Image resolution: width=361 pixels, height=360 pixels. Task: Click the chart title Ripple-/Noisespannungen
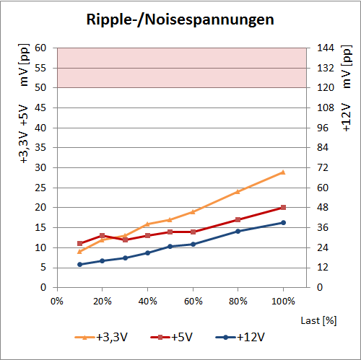tap(180, 19)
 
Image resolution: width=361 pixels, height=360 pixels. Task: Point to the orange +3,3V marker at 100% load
tap(283, 172)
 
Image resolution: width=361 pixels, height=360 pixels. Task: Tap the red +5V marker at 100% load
tap(283, 207)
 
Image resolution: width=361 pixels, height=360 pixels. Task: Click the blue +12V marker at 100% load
tap(283, 222)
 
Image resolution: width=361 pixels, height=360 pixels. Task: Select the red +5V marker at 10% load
tap(80, 243)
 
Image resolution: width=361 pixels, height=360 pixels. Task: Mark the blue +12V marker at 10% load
tap(80, 264)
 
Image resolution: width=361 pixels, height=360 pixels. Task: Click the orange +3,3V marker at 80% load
tap(238, 191)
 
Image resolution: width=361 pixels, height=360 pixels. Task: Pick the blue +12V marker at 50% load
tap(170, 246)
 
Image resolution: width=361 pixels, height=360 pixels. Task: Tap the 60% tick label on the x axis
tap(193, 300)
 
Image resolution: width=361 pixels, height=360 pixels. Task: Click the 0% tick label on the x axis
tap(58, 300)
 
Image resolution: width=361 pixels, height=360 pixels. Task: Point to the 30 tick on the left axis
tap(41, 167)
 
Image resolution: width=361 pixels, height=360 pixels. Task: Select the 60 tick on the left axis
tap(41, 48)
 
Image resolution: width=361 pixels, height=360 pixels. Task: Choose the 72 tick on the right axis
tap(322, 167)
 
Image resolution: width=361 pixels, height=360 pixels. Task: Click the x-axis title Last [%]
tap(320, 319)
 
